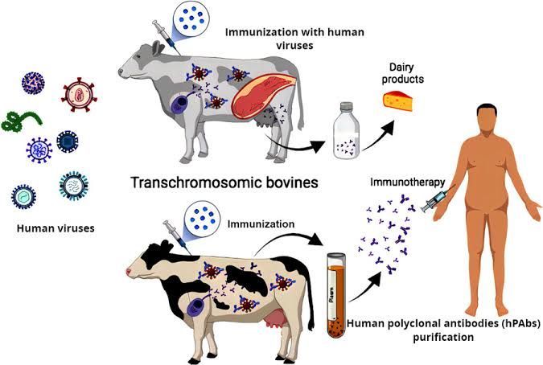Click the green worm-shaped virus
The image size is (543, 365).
(22, 121)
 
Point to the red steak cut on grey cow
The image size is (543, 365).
(260, 97)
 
